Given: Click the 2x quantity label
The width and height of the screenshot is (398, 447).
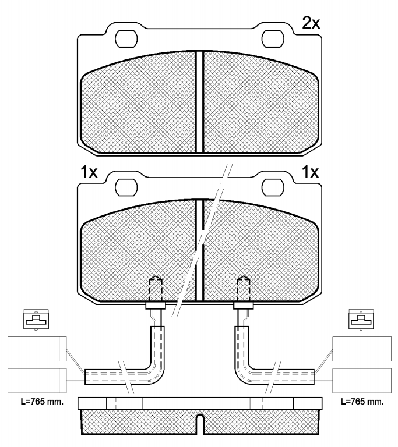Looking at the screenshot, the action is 311,23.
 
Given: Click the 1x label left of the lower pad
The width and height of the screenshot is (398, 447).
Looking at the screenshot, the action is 89,172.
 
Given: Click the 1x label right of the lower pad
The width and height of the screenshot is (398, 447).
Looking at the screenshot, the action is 310,172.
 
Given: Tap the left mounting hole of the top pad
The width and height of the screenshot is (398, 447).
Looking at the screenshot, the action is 126,38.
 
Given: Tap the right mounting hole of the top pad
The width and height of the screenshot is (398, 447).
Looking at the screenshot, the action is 273,38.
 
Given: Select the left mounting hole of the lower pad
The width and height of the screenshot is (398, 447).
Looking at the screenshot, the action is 126,187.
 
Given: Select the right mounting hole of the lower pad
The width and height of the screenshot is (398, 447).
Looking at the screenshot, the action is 273,187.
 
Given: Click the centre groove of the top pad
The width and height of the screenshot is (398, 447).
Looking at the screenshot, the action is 199,101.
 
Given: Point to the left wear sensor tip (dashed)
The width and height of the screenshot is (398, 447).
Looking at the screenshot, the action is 156,289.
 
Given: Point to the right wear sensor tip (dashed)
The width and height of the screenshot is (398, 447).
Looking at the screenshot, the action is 244,289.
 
